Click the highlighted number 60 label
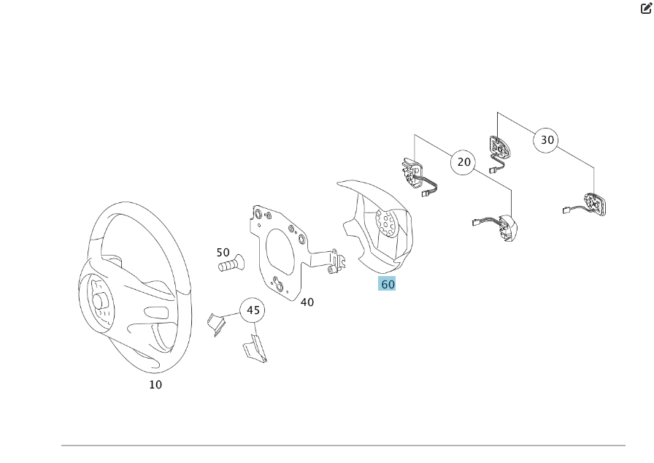click(387, 284)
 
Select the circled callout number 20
click(464, 162)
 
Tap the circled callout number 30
click(547, 139)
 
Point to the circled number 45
click(253, 310)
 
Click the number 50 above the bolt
click(223, 253)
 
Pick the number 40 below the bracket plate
click(307, 302)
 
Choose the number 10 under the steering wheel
click(155, 384)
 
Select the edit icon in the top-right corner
click(645, 9)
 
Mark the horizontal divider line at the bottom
click(343, 445)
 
